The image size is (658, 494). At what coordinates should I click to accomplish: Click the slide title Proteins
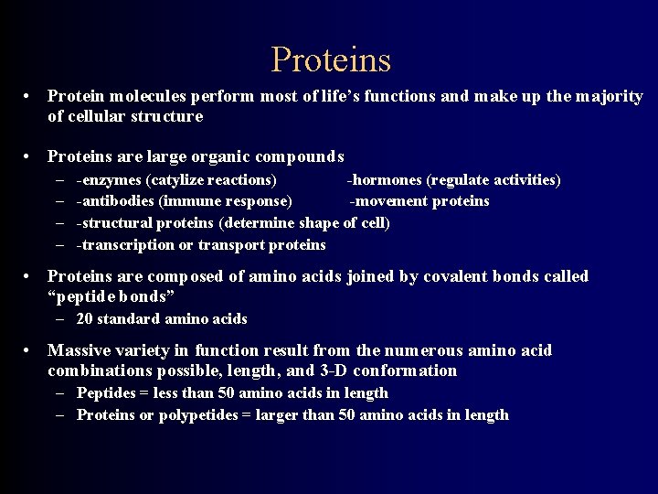(331, 60)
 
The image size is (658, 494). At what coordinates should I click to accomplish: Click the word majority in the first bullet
(608, 96)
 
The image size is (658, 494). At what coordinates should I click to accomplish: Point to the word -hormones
(386, 179)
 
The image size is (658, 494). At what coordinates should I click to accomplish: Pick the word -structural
(115, 223)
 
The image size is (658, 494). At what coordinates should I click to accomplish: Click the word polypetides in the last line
(179, 415)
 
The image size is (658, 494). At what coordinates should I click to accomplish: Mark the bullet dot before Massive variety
(29, 351)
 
